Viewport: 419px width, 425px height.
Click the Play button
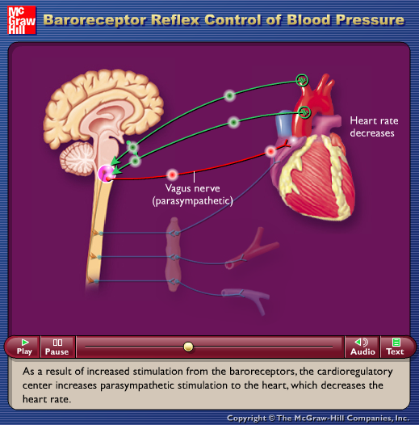click(x=24, y=347)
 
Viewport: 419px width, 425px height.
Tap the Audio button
click(x=362, y=347)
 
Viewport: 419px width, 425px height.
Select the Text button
click(x=395, y=347)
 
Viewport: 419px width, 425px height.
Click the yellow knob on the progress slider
click(x=188, y=347)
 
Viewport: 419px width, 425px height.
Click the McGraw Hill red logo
click(x=22, y=20)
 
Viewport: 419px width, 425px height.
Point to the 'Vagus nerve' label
click(x=193, y=188)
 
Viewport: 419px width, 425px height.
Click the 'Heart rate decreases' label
click(x=374, y=127)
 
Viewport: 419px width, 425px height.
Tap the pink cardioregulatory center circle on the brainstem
click(x=107, y=174)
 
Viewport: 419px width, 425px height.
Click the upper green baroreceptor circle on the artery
click(x=302, y=80)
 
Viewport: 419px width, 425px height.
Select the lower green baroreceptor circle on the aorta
click(x=304, y=112)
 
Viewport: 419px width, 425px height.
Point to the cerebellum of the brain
click(x=78, y=158)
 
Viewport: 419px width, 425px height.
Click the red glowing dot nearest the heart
click(x=270, y=151)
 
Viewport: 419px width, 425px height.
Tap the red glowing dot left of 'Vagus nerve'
click(x=172, y=175)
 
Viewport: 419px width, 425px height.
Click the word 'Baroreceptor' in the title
click(x=94, y=20)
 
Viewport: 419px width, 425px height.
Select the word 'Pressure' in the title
click(x=370, y=20)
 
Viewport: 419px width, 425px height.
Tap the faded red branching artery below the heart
click(x=252, y=250)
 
